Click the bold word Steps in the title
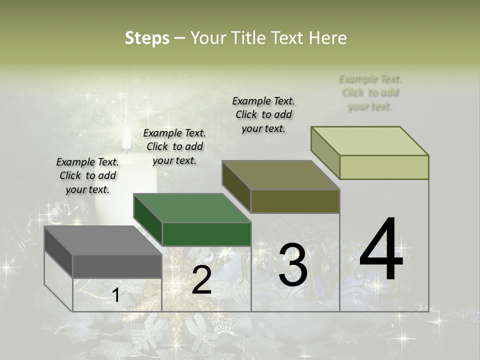tap(147, 38)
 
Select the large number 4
tap(381, 250)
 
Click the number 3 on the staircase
tap(292, 264)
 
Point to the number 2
tap(201, 280)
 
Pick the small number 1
tap(116, 295)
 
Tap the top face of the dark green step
tap(192, 208)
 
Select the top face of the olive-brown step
tap(280, 175)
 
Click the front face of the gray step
tap(117, 266)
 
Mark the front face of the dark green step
tap(206, 234)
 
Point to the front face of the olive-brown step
tap(295, 201)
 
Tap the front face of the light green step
tap(384, 167)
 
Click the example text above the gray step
tap(87, 175)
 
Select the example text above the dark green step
tap(174, 146)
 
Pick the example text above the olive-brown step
tap(263, 114)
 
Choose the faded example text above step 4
tap(370, 92)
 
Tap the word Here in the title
tap(328, 38)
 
